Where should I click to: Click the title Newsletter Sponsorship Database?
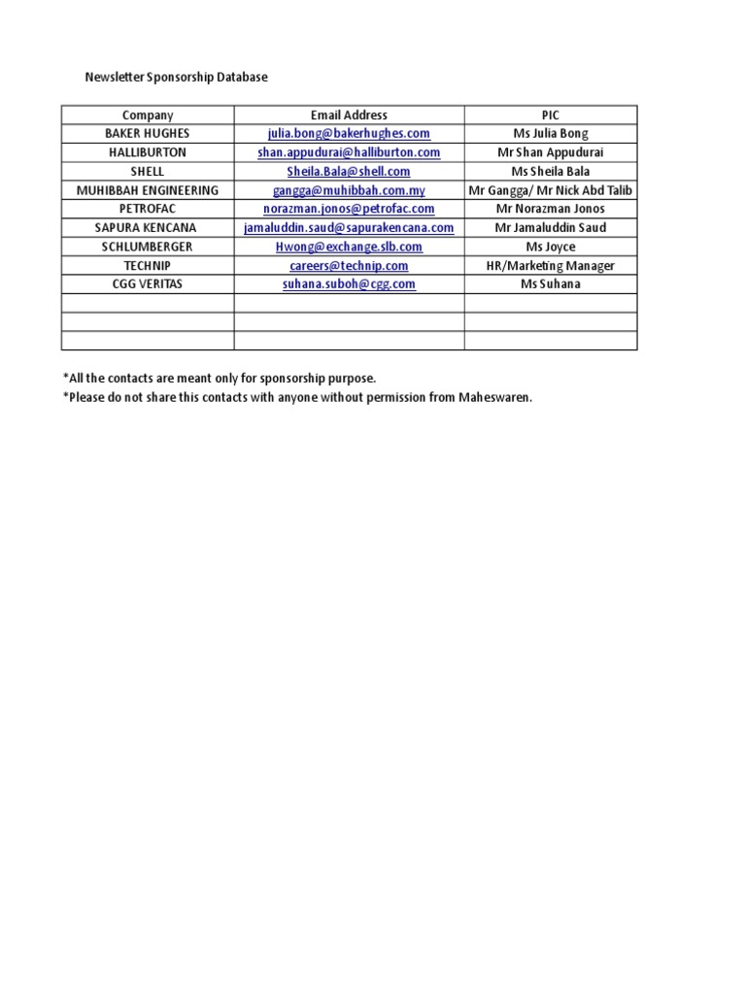tap(176, 77)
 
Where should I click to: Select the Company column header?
tap(148, 115)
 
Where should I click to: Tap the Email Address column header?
tap(349, 115)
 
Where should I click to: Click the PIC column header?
tap(551, 115)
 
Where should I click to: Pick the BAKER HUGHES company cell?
tap(148, 134)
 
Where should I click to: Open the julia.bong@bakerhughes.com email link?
tap(349, 134)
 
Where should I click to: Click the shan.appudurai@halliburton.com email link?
tap(349, 152)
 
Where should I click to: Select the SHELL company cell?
tap(148, 172)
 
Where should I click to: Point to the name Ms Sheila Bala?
tap(551, 172)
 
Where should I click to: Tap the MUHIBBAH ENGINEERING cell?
tap(148, 190)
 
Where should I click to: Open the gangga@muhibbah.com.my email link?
tap(349, 190)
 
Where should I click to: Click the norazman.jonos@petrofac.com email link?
tap(349, 209)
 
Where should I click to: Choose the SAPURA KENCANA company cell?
tap(148, 228)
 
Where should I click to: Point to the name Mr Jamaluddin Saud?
tap(551, 228)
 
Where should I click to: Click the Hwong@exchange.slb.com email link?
tap(349, 247)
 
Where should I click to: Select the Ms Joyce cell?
tap(551, 247)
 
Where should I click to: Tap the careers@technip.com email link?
tap(349, 266)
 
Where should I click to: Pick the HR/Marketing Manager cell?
tap(551, 266)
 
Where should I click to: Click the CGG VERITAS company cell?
tap(148, 284)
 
